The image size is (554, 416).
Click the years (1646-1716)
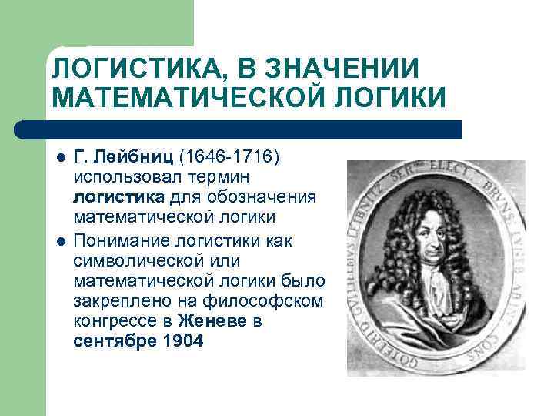click(x=229, y=157)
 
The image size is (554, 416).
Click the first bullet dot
click(x=59, y=159)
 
